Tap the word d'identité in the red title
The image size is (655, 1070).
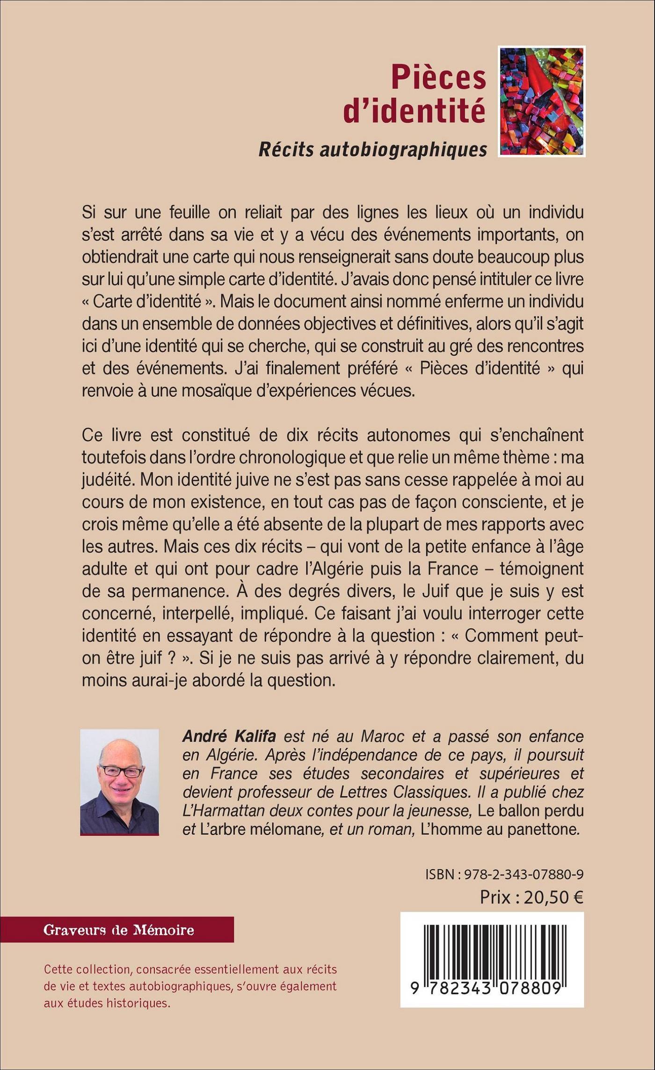point(414,111)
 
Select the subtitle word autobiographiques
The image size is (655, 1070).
point(403,148)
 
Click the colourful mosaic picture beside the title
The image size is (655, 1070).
point(541,101)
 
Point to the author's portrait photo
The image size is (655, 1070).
point(119,781)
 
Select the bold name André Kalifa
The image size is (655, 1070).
point(229,736)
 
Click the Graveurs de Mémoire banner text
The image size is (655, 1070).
point(118,930)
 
